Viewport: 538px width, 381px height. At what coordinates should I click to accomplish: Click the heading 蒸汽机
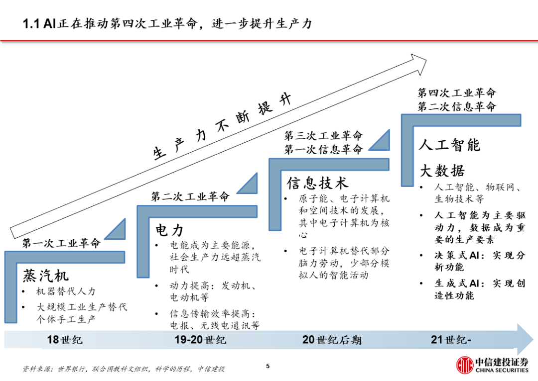click(x=46, y=275)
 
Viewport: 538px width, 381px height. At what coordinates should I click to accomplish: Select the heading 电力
click(x=169, y=230)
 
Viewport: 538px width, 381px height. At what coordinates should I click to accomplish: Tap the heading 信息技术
click(x=317, y=183)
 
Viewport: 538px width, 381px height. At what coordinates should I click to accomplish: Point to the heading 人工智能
click(x=449, y=145)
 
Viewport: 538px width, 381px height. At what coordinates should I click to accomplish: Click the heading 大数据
click(x=442, y=170)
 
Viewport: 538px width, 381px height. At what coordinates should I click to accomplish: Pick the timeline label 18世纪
click(x=64, y=340)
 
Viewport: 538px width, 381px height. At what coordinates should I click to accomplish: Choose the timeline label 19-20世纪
click(x=200, y=340)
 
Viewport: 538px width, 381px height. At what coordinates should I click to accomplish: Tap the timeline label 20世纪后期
click(x=332, y=340)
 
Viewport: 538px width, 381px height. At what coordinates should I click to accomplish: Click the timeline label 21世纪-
click(x=451, y=340)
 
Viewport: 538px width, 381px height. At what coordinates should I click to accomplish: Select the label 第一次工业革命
click(x=61, y=243)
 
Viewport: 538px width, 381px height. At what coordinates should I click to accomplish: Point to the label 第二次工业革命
click(x=190, y=196)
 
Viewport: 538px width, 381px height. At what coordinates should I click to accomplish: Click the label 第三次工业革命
click(x=323, y=135)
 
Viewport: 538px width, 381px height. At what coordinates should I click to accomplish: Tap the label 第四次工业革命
click(x=457, y=93)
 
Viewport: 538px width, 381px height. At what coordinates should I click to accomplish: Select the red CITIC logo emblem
click(x=465, y=365)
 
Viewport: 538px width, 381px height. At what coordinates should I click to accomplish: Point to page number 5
click(x=268, y=366)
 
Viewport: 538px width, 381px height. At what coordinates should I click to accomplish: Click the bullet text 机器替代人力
click(x=66, y=291)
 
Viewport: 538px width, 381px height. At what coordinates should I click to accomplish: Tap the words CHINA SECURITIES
click(x=502, y=371)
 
